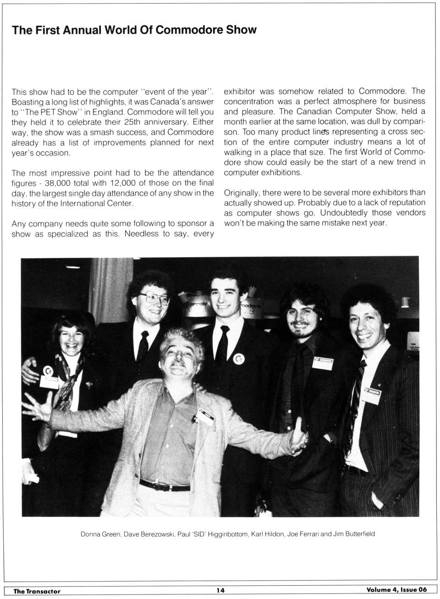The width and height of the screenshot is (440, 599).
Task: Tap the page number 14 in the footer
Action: pos(220,590)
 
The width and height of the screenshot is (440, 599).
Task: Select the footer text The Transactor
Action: pos(37,591)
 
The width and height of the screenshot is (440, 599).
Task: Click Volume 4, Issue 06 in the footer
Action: pos(396,590)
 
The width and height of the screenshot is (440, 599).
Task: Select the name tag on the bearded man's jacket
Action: pos(322,363)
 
